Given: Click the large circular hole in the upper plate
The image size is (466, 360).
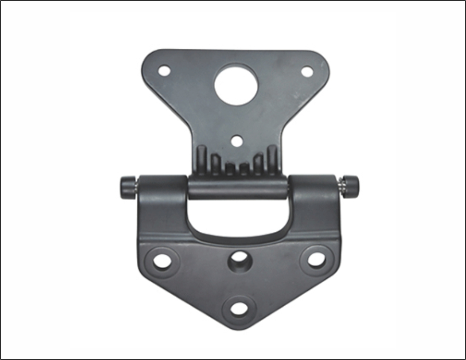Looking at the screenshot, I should click(236, 85).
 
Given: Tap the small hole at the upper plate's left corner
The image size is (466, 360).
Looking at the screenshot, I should click(164, 71).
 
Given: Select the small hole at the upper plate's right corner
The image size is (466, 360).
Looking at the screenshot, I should click(307, 71).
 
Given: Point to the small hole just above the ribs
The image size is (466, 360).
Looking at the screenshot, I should click(237, 141).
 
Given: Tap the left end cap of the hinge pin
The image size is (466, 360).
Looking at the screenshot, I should click(127, 187).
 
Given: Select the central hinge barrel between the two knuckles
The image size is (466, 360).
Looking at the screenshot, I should click(238, 188).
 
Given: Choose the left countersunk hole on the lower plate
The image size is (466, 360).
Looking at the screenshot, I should click(162, 261).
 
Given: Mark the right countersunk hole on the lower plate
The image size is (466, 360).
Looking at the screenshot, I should click(316, 260).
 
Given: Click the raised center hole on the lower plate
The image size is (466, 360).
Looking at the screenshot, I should click(239, 258).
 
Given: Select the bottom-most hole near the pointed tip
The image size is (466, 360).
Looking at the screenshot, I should click(239, 308).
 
